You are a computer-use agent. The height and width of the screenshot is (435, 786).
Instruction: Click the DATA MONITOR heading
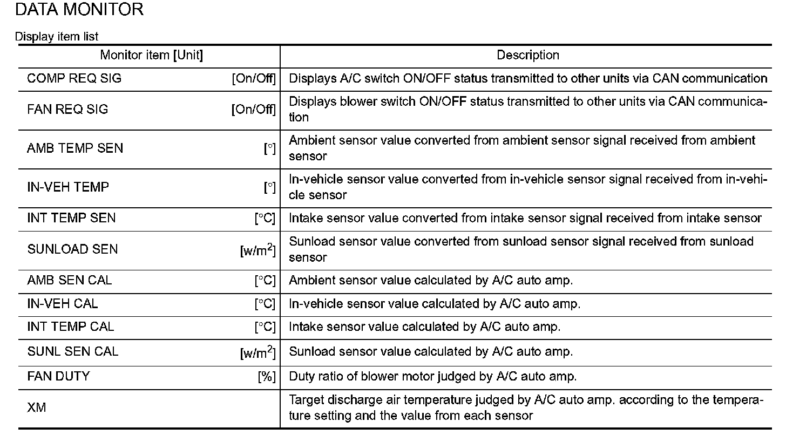coord(79,10)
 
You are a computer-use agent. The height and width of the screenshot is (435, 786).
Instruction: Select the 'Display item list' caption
coord(57,37)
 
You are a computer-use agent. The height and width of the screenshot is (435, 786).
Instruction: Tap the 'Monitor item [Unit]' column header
coord(152,55)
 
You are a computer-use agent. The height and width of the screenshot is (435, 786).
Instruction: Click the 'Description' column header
coord(527,55)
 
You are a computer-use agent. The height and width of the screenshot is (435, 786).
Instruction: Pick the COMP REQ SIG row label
coord(74,78)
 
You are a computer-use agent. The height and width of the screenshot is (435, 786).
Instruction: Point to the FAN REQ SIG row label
coord(67,110)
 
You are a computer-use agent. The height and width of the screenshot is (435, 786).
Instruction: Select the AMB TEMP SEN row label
coord(75,148)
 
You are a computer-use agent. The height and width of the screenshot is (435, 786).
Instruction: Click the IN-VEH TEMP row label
coord(68,187)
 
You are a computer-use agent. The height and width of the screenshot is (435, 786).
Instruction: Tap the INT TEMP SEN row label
coord(71,218)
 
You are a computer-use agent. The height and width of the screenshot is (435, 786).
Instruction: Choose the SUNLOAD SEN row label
coord(72,249)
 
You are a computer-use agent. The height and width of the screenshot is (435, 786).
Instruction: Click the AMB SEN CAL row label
coord(70,281)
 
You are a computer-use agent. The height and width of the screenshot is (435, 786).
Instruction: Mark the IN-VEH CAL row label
coord(63,304)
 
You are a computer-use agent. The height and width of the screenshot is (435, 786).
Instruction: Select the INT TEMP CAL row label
coord(71,327)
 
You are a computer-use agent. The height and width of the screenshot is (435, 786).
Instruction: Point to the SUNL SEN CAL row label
coord(72,352)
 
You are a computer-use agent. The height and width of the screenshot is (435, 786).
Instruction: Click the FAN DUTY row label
coord(58,376)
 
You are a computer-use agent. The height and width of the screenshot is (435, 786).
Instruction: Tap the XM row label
coord(37,408)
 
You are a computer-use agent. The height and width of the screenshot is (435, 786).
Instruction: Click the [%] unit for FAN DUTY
coord(267,377)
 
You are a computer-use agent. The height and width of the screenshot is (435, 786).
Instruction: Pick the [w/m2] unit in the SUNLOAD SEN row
coord(258,249)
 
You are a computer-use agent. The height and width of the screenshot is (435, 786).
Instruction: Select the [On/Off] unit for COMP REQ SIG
coord(254,79)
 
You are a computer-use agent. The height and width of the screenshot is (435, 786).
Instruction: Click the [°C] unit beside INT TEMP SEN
coord(265,219)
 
